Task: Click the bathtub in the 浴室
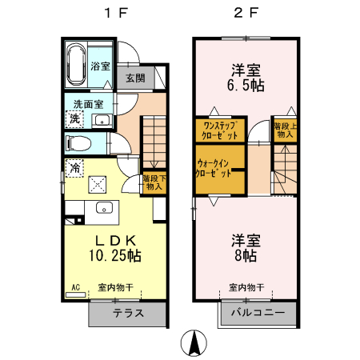pos(77,65)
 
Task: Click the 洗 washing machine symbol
pos(74,119)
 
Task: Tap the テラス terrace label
pos(128,313)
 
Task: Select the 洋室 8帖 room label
pos(245,247)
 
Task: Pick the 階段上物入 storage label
pos(284,130)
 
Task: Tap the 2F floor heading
pos(246,13)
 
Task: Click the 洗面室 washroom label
pos(88,104)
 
